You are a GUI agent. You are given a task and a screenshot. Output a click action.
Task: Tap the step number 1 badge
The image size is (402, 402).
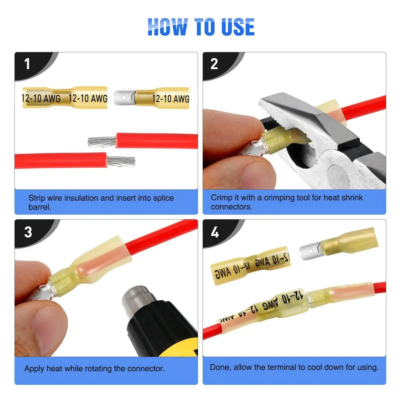[27, 64]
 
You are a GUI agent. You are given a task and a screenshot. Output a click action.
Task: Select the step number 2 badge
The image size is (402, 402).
[214, 64]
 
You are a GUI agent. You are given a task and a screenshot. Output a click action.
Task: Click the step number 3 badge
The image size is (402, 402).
[28, 232]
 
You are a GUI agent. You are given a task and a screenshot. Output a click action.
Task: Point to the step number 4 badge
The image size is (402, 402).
[215, 232]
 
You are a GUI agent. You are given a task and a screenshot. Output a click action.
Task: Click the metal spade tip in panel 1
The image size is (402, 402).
[124, 98]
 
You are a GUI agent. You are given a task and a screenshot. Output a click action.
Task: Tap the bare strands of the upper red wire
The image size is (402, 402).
[102, 142]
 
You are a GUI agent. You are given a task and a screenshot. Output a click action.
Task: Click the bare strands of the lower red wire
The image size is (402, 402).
[121, 161]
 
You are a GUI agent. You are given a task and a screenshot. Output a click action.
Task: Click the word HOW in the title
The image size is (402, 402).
[167, 27]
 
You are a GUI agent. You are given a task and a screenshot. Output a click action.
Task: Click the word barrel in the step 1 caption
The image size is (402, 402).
[39, 207]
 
